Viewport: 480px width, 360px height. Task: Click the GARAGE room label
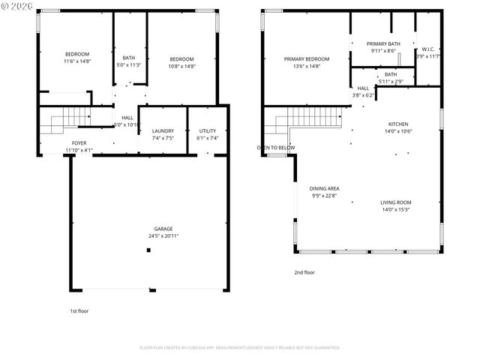163,229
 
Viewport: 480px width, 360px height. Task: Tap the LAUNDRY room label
163,131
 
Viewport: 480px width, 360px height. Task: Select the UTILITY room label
207,131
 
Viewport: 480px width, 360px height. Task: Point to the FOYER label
78,143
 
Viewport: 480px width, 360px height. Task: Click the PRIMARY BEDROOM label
306,58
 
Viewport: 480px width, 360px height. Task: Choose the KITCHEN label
397,124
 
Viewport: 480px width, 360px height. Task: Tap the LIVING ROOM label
395,202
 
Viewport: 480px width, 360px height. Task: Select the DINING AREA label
324,188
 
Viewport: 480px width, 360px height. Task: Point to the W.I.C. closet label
429,49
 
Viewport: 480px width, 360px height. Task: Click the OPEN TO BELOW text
276,148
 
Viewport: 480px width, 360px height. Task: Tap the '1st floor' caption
79,310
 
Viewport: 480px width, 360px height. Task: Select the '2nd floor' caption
304,272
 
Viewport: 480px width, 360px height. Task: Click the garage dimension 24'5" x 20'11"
163,236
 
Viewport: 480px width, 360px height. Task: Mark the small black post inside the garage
148,250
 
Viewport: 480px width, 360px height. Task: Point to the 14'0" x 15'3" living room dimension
395,209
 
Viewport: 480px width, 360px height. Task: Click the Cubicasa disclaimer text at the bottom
240,347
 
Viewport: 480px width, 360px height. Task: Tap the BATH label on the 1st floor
129,58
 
